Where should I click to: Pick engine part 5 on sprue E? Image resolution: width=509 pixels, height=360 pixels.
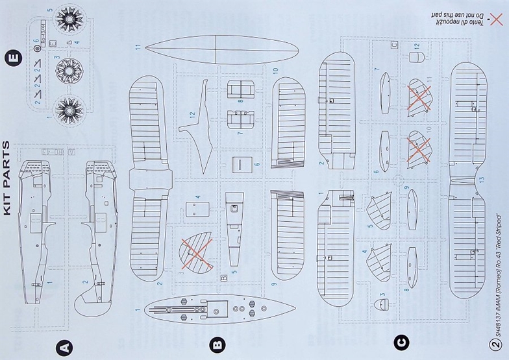pyautogui.click(x=68, y=19)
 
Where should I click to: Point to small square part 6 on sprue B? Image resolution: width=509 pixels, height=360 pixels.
pyautogui.click(x=242, y=163)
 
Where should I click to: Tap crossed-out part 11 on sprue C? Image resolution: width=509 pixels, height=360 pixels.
pyautogui.click(x=419, y=99)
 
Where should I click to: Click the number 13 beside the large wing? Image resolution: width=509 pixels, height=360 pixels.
pyautogui.click(x=481, y=179)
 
